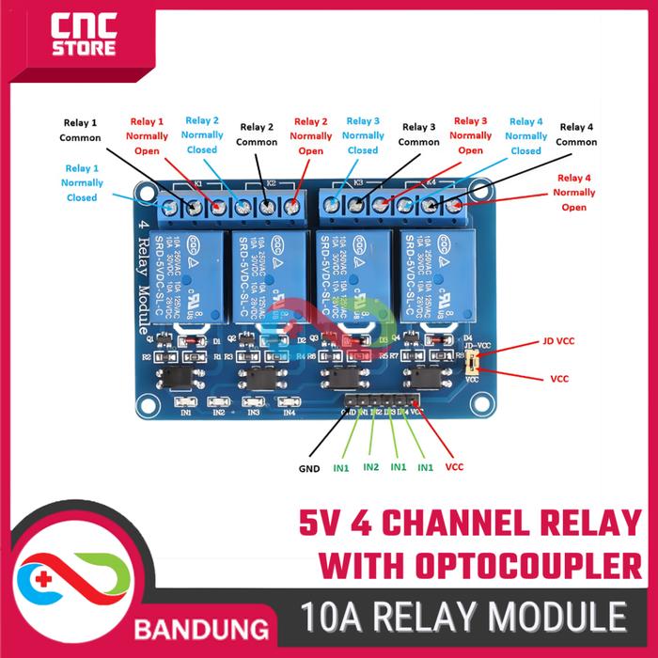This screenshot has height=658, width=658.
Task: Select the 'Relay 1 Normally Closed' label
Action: (x=82, y=183)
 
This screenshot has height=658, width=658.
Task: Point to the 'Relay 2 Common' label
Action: (x=257, y=134)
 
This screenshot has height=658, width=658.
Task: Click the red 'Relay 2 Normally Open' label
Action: (x=311, y=136)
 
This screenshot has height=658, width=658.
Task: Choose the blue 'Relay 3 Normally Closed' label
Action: (x=363, y=135)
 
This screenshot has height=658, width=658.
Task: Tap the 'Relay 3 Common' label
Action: (x=418, y=134)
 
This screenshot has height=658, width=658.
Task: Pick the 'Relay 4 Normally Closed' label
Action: (x=526, y=136)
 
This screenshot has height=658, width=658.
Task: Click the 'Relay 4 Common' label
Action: (x=576, y=134)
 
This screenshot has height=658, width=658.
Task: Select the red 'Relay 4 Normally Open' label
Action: (x=575, y=192)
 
